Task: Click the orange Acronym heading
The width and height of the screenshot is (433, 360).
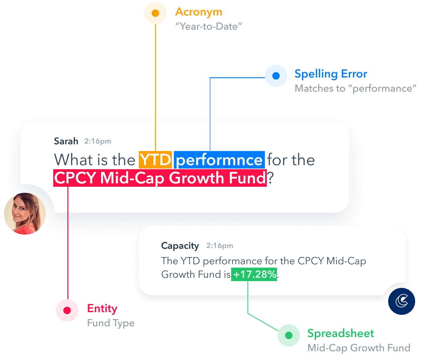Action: pyautogui.click(x=198, y=12)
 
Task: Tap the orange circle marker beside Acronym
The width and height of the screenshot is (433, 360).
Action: pyautogui.click(x=155, y=13)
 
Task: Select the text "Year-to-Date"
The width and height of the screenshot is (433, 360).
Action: pyautogui.click(x=209, y=26)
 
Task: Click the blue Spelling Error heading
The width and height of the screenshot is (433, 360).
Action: pyautogui.click(x=331, y=74)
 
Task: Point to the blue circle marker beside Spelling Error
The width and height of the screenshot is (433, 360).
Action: pyautogui.click(x=276, y=76)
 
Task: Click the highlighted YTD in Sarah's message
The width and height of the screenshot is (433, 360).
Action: pyautogui.click(x=155, y=160)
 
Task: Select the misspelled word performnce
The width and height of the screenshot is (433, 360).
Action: pyautogui.click(x=219, y=160)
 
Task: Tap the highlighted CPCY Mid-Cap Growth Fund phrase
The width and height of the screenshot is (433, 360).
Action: pyautogui.click(x=160, y=178)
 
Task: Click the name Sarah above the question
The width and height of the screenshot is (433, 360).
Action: pyautogui.click(x=66, y=141)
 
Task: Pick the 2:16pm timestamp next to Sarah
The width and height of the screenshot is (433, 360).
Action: pyautogui.click(x=98, y=141)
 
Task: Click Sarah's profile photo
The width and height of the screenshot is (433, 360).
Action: pyautogui.click(x=25, y=213)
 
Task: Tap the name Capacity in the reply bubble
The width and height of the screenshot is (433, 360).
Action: pyautogui.click(x=180, y=246)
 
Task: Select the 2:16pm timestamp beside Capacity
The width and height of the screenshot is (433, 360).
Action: pyautogui.click(x=220, y=246)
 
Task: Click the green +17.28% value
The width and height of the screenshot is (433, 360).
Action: pyautogui.click(x=254, y=274)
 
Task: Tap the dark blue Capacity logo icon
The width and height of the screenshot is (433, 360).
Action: pyautogui.click(x=401, y=301)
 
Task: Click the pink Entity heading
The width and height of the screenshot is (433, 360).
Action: pyautogui.click(x=102, y=308)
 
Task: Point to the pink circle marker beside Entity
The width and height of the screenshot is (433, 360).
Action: pyautogui.click(x=67, y=310)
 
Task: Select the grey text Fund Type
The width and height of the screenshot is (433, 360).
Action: pyautogui.click(x=111, y=323)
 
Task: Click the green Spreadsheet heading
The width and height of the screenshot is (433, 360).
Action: pyautogui.click(x=341, y=333)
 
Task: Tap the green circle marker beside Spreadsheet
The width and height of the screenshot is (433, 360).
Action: pyautogui.click(x=289, y=335)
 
